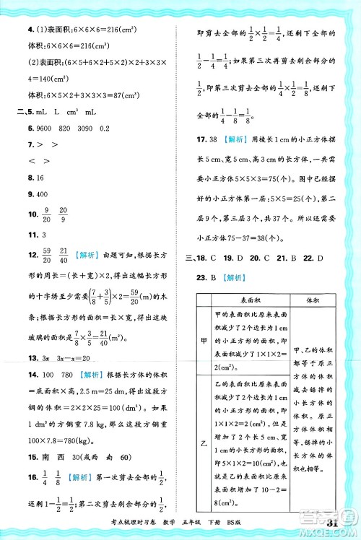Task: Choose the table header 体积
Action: (x=313, y=301)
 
